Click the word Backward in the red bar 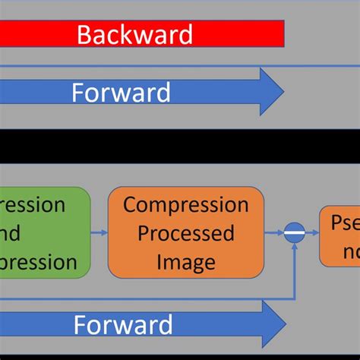coord(135,34)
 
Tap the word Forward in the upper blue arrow coord(121,93)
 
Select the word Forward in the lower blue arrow coord(123,326)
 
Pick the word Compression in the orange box coord(186,205)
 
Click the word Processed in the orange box coord(186,233)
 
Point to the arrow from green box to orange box coord(99,233)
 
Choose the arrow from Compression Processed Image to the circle coord(274,233)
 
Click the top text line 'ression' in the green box coord(34,205)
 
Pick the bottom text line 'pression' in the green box coord(38,262)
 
